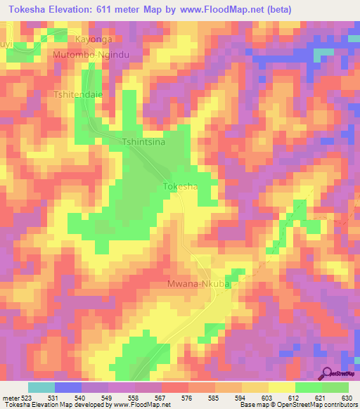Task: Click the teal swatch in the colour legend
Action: point(41,387)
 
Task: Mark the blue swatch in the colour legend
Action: point(67,387)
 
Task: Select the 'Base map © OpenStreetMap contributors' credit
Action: point(297,405)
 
